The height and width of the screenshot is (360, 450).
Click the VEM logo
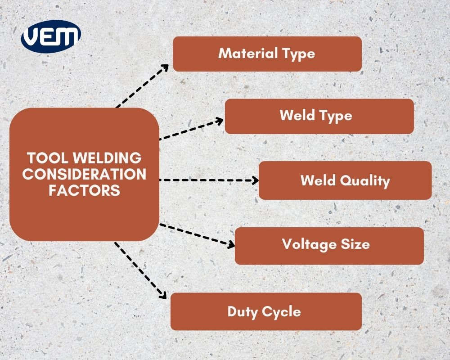51,36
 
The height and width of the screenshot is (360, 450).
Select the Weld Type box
319,116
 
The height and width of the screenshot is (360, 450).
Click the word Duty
242,311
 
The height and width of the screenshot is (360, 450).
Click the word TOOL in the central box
46,158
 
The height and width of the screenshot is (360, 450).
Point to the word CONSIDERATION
84,174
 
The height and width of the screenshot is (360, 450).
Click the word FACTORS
84,189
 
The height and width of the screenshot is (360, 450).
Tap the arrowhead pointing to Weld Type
220,121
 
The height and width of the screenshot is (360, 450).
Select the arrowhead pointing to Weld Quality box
255,180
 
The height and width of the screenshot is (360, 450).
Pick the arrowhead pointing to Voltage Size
231,245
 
